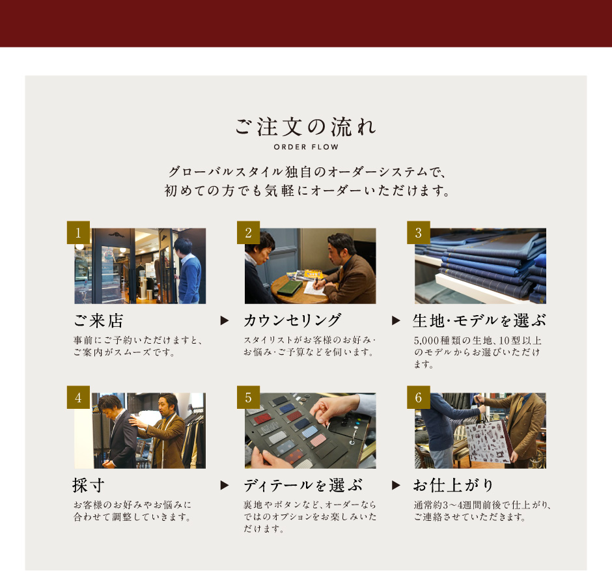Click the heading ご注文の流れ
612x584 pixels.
tap(305, 127)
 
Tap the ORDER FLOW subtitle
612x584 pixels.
tap(306, 147)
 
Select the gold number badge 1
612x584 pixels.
tap(78, 232)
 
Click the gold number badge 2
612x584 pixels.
tap(248, 232)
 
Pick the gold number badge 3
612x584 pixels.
tap(419, 232)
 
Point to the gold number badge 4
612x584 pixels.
tap(78, 397)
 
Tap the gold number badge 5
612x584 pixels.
tap(248, 397)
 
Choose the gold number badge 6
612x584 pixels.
tap(419, 397)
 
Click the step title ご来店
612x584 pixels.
tap(99, 321)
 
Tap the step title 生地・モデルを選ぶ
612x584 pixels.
tap(479, 321)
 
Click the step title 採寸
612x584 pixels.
tap(88, 486)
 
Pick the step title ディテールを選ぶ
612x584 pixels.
tap(303, 486)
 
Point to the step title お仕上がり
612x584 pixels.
tap(454, 486)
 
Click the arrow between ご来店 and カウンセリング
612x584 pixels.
tap(225, 321)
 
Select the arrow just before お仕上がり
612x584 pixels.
tap(396, 485)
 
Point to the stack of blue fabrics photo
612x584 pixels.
tap(480, 266)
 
